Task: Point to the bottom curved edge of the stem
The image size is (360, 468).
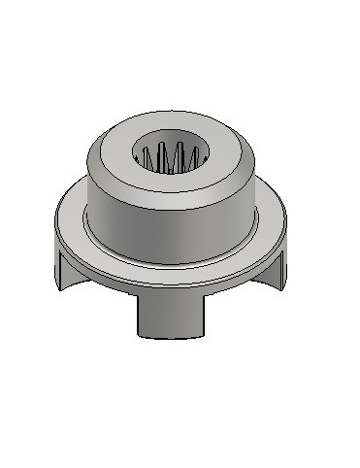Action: [172, 336]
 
